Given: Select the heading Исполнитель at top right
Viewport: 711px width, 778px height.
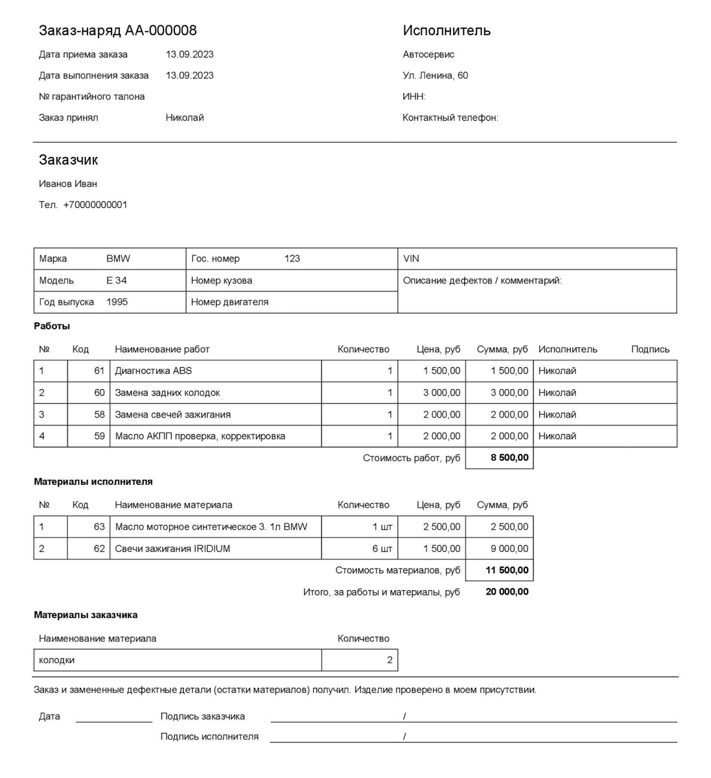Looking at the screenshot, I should click(x=447, y=30).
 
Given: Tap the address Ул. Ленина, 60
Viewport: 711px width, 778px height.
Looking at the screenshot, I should click(x=435, y=75).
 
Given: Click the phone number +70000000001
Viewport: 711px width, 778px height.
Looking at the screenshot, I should click(x=95, y=205).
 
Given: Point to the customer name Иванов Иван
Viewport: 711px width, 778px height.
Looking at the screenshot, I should click(x=68, y=183).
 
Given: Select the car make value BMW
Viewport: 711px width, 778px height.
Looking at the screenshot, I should click(x=118, y=259).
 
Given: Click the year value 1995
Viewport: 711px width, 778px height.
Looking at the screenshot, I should click(x=117, y=302).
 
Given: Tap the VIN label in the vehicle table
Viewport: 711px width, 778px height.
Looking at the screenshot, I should click(x=411, y=259).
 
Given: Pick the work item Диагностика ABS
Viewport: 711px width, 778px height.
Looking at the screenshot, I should click(x=153, y=371).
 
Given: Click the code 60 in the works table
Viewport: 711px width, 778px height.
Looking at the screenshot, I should click(x=99, y=393).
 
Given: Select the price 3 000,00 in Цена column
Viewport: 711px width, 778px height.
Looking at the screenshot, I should click(x=441, y=393).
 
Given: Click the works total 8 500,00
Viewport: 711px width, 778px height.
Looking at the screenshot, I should click(x=509, y=458).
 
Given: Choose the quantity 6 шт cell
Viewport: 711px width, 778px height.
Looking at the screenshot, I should click(x=382, y=548).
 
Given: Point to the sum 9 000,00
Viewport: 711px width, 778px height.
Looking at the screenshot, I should click(x=509, y=548).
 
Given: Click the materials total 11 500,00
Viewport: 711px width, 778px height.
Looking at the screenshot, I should click(x=507, y=571).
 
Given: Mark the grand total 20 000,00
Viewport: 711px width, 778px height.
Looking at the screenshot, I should click(x=507, y=592).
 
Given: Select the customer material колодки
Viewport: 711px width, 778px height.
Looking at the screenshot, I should click(x=57, y=660).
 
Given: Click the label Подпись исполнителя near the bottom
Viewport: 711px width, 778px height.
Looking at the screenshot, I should click(x=209, y=737).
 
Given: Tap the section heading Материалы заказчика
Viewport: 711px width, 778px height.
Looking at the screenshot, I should click(x=86, y=615).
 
